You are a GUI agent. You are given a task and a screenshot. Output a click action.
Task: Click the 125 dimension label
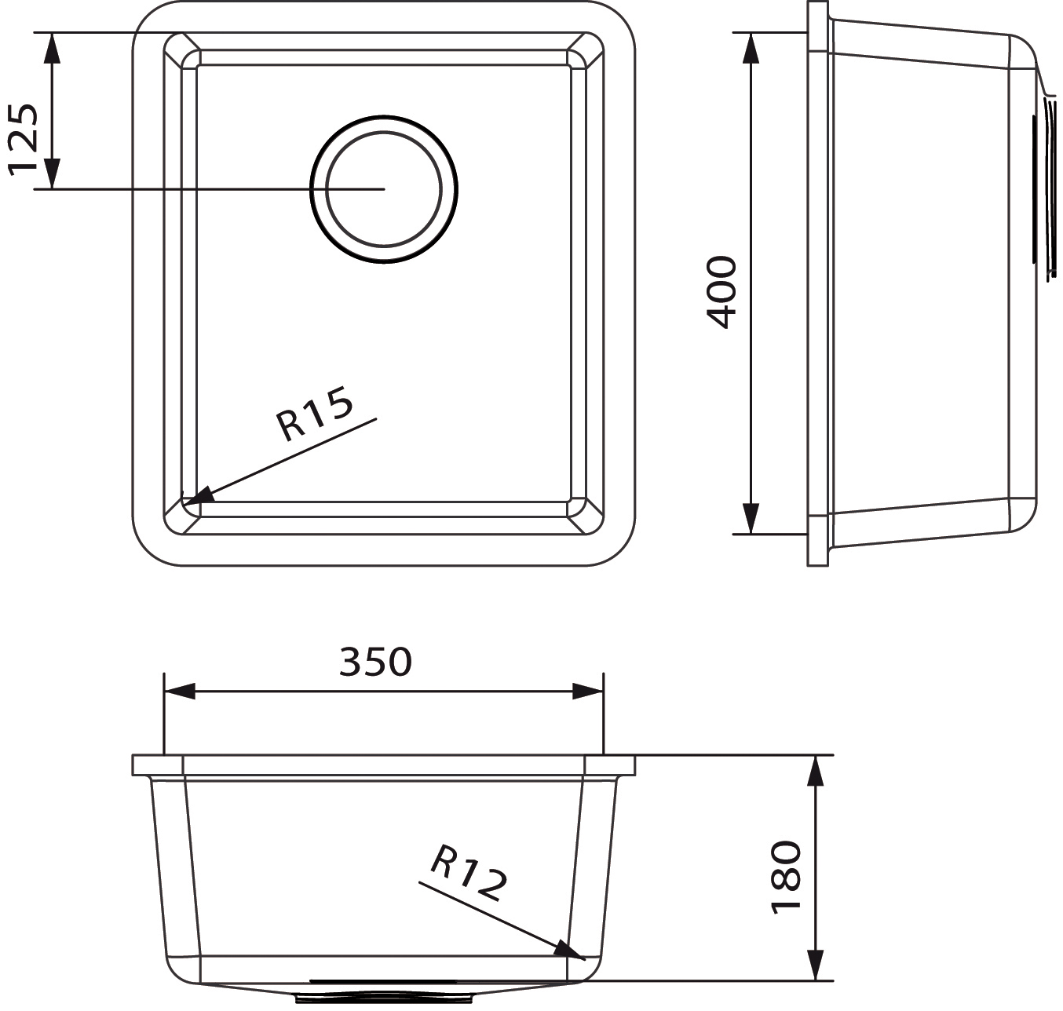tap(24, 141)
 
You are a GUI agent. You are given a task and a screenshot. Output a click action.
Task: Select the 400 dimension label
tap(721, 293)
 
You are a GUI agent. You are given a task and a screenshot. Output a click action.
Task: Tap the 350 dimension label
tap(375, 662)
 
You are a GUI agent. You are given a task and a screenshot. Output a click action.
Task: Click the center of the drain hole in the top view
tap(384, 189)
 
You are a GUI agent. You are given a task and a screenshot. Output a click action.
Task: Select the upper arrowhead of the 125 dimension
tap(52, 48)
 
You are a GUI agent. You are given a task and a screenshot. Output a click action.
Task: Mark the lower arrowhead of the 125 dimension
tap(52, 173)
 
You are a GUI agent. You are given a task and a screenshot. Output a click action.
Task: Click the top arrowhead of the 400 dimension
tap(750, 48)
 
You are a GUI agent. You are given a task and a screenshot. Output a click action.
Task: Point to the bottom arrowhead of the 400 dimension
tap(750, 519)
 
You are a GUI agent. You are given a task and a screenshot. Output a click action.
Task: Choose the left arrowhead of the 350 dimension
tap(180, 691)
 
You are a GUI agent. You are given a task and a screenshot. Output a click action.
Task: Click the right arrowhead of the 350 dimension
tap(588, 691)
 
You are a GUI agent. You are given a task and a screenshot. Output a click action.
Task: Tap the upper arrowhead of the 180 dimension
tap(815, 770)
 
